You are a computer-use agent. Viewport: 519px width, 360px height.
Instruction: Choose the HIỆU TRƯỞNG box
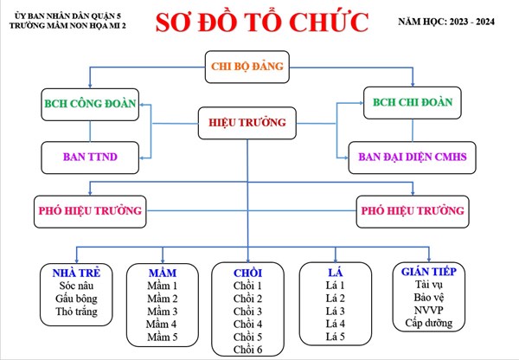[247, 124]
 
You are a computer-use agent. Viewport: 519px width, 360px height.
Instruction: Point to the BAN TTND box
[90, 157]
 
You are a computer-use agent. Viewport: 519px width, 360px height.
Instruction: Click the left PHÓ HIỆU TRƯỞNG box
[90, 209]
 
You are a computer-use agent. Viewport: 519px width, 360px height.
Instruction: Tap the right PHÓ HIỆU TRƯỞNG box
[412, 209]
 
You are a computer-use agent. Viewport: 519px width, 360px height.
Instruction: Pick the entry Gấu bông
[77, 298]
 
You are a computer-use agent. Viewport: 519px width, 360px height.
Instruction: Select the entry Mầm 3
[163, 311]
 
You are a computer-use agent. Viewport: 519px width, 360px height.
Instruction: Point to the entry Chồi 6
[248, 349]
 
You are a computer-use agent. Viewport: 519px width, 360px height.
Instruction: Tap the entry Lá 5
[335, 336]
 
